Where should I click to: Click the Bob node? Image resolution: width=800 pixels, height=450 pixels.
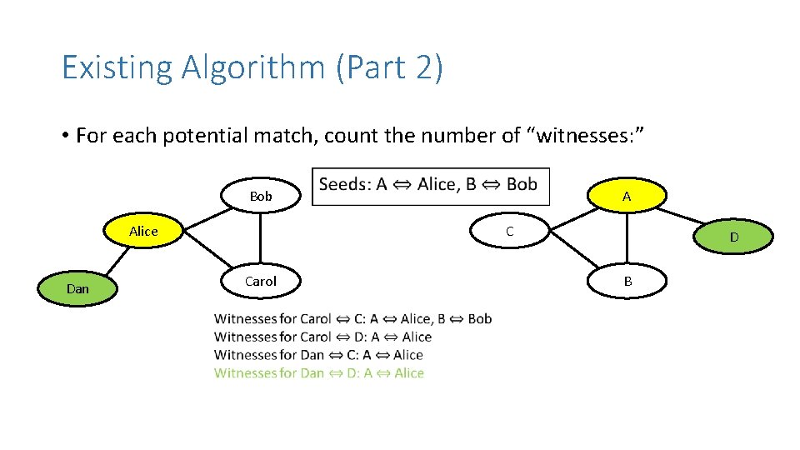(x=261, y=196)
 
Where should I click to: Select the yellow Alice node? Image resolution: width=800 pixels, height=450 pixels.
(x=143, y=231)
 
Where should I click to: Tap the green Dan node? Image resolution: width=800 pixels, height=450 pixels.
(x=77, y=288)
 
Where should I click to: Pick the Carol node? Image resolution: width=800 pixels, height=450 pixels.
(x=261, y=282)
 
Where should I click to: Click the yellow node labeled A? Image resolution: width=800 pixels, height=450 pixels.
(x=627, y=197)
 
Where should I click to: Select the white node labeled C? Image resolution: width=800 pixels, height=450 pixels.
(x=510, y=231)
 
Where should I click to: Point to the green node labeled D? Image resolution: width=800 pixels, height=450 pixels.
(x=734, y=237)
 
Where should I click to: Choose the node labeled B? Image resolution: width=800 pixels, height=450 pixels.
(x=627, y=282)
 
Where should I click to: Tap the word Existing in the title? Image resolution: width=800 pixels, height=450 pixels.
(x=117, y=67)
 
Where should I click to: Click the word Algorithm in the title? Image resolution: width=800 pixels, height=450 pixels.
(x=256, y=67)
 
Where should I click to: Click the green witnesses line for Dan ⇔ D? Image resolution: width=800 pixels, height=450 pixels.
(x=319, y=373)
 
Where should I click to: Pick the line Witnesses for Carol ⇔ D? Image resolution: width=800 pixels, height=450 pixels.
(x=322, y=337)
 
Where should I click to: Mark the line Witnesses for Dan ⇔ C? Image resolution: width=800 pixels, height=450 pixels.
(x=319, y=355)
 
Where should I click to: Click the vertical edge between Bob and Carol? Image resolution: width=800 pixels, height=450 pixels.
(x=261, y=238)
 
